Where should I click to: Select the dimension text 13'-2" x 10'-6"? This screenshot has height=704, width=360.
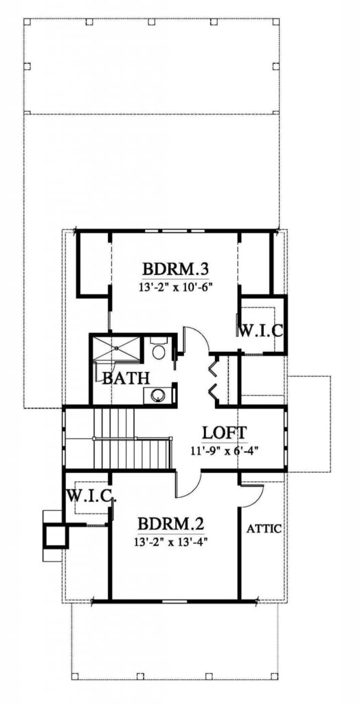[x=175, y=287]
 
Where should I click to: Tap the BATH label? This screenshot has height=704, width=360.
[x=126, y=378]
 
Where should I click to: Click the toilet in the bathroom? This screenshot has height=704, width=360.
[x=159, y=349]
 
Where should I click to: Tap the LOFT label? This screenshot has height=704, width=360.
[x=223, y=432]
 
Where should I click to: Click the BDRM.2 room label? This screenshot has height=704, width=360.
[x=171, y=523]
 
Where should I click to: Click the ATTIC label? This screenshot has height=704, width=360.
[x=264, y=529]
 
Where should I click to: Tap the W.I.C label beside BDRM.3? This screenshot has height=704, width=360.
[x=260, y=331]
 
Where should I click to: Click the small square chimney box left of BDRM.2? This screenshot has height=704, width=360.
[x=56, y=536]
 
